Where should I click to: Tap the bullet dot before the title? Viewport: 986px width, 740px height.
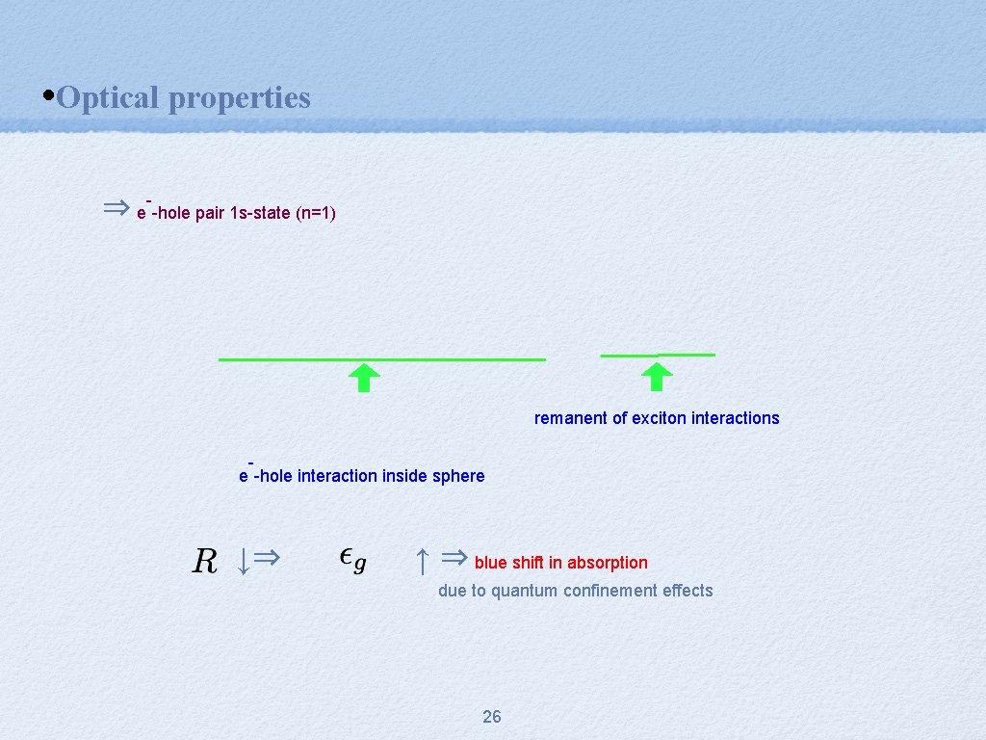pos(49,96)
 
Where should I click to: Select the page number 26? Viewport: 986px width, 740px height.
pos(491,716)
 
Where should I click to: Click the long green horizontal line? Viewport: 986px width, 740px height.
pos(381,359)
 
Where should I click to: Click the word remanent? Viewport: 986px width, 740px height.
pos(571,418)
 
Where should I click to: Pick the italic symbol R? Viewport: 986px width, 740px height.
pos(204,560)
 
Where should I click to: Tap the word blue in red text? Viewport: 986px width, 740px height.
pos(490,563)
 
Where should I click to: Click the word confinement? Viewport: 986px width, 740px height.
pos(612,591)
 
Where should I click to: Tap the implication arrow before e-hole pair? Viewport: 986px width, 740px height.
pos(116,207)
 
